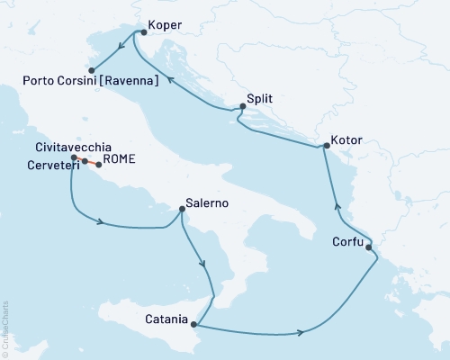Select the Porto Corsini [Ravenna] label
(x=91, y=81)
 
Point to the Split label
(x=259, y=101)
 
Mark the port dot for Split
(x=240, y=109)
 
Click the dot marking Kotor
(x=326, y=147)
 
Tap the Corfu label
(x=347, y=242)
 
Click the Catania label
(x=166, y=319)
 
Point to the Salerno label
(x=206, y=203)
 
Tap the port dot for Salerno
(x=183, y=210)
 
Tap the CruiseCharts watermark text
(x=5, y=328)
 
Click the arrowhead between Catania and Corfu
(x=299, y=334)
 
